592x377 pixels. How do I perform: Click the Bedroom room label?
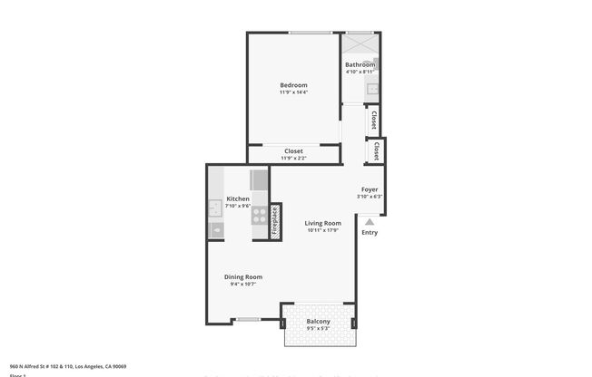pyautogui.click(x=293, y=85)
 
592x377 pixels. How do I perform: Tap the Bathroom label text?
pyautogui.click(x=360, y=65)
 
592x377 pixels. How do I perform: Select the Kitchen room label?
pyautogui.click(x=238, y=198)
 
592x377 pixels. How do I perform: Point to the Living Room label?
pyautogui.click(x=322, y=223)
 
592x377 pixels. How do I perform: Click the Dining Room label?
pyautogui.click(x=243, y=276)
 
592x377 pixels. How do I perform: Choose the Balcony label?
pyautogui.click(x=318, y=322)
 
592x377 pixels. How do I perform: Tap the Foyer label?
pyautogui.click(x=370, y=189)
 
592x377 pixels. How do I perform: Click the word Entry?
pyautogui.click(x=370, y=233)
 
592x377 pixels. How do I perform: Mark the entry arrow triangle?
pyautogui.click(x=370, y=220)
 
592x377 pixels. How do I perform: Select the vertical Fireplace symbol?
pyautogui.click(x=275, y=222)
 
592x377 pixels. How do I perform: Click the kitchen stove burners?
pyautogui.click(x=260, y=215)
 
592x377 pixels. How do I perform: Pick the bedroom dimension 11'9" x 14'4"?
pyautogui.click(x=293, y=92)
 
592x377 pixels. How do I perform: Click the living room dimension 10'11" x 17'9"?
pyautogui.click(x=322, y=230)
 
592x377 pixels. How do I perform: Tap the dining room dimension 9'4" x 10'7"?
pyautogui.click(x=243, y=285)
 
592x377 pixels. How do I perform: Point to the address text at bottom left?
pyautogui.click(x=67, y=366)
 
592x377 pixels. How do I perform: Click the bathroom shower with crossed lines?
pyautogui.click(x=360, y=44)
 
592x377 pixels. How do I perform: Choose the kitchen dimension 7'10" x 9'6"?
pyautogui.click(x=237, y=206)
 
